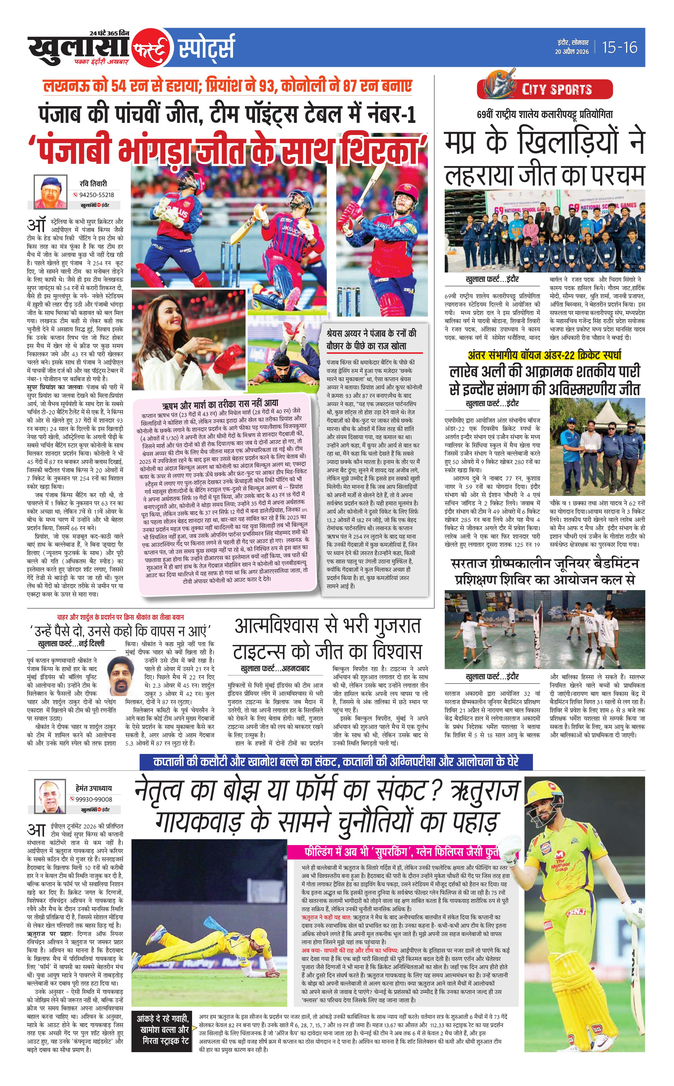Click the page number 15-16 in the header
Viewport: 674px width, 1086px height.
pos(620,47)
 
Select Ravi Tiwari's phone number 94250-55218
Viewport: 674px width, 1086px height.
pos(96,195)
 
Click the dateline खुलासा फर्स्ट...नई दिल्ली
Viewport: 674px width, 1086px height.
pos(71,643)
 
